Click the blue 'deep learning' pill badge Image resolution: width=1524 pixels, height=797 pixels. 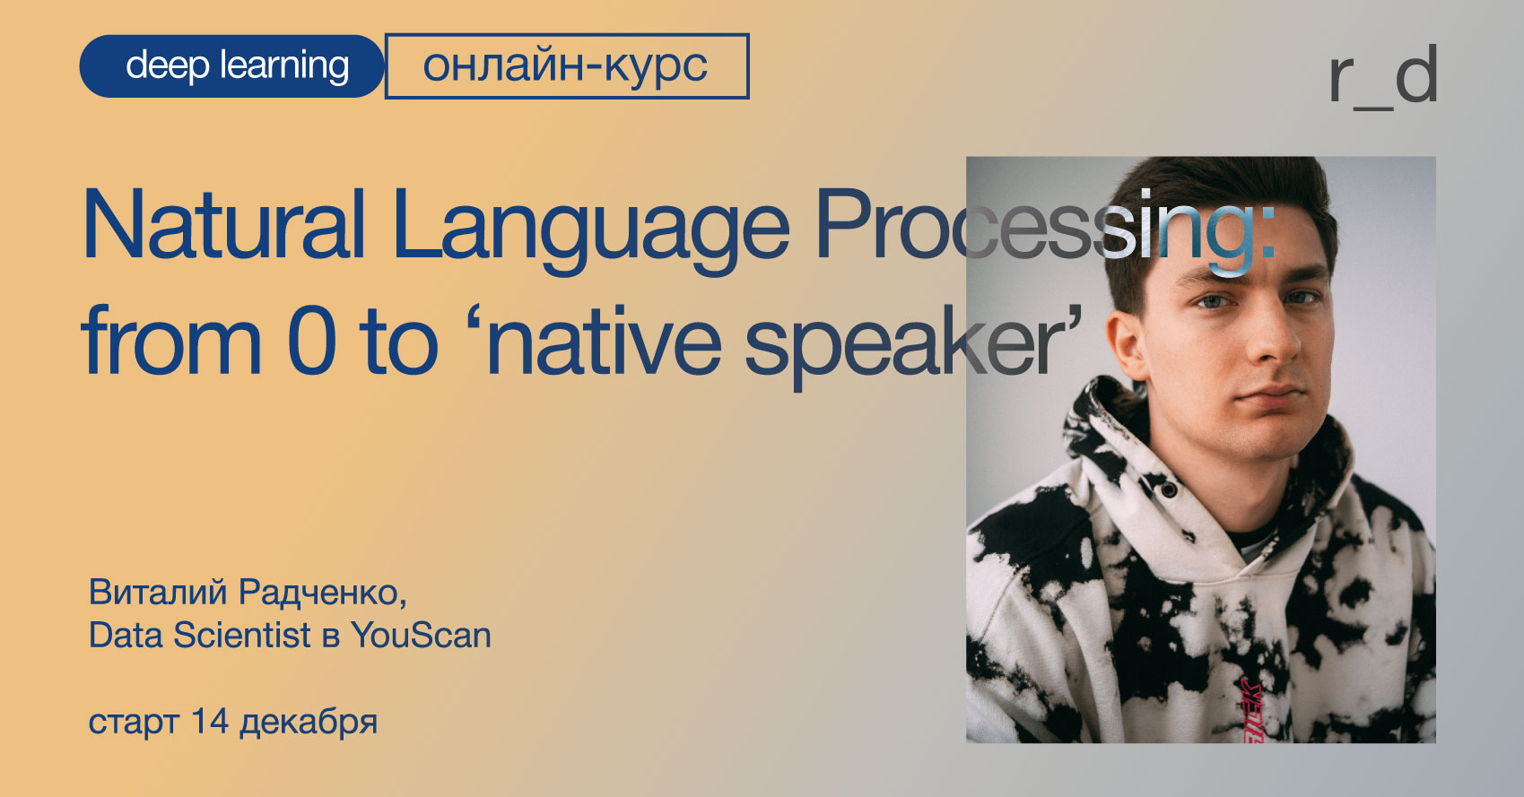pyautogui.click(x=232, y=66)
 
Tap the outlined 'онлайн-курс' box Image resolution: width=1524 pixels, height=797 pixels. pyautogui.click(x=567, y=66)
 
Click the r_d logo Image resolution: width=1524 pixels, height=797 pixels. pyautogui.click(x=1382, y=77)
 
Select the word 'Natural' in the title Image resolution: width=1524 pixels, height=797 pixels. pyautogui.click(x=224, y=224)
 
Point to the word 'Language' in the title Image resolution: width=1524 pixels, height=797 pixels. pyautogui.click(x=591, y=231)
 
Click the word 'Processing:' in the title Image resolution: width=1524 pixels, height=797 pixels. pyautogui.click(x=1045, y=231)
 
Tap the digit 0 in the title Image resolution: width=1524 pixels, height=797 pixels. pyautogui.click(x=311, y=340)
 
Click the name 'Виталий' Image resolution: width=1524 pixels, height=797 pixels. pyautogui.click(x=157, y=593)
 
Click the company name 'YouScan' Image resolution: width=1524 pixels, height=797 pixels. pyautogui.click(x=422, y=635)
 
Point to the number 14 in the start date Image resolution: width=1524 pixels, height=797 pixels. pyautogui.click(x=210, y=720)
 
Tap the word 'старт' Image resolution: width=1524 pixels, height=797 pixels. pyautogui.click(x=134, y=723)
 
